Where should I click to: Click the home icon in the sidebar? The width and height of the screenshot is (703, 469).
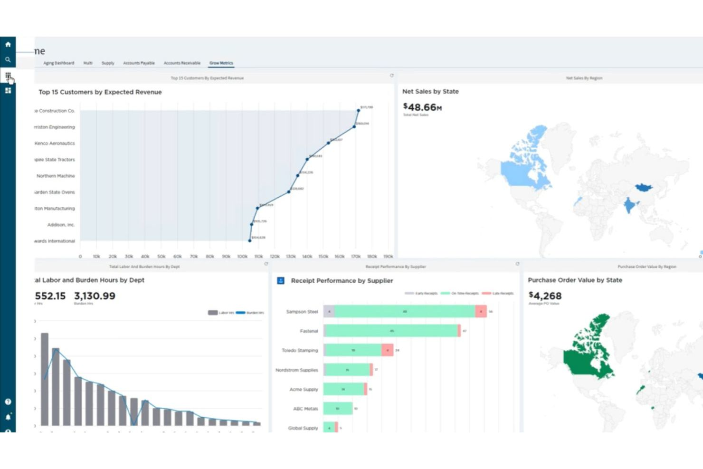[x=8, y=44]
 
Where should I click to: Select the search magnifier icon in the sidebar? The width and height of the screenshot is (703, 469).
[x=8, y=60]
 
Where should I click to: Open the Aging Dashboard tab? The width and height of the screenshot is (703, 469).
[x=59, y=63]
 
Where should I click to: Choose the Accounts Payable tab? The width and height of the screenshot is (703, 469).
[x=139, y=63]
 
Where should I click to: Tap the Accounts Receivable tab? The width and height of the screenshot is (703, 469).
[x=182, y=63]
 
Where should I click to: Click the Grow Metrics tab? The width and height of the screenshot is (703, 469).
[x=221, y=63]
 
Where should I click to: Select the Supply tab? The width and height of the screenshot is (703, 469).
[x=108, y=63]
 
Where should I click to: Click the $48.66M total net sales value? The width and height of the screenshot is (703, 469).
[x=422, y=107]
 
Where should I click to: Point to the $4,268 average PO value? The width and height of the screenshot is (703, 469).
[x=545, y=296]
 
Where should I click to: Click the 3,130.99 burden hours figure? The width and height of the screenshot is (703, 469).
[x=95, y=296]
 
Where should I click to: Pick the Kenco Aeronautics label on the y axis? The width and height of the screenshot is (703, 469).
[x=55, y=144]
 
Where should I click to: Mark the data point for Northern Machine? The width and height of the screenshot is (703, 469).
[x=298, y=176]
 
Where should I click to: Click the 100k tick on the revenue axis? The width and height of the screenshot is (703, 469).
[x=242, y=257]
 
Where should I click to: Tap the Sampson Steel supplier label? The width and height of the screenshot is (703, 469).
[x=302, y=312]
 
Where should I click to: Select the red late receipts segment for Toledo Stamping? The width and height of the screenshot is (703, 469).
[x=388, y=350]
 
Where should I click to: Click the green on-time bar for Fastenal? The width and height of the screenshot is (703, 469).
[x=391, y=331]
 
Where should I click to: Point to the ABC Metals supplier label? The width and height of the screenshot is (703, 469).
[x=305, y=409]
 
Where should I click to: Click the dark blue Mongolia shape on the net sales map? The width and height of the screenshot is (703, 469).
[x=644, y=187]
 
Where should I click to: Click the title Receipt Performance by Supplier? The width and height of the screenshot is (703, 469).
[x=342, y=281]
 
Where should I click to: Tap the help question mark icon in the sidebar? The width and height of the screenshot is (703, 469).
[x=8, y=402]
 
